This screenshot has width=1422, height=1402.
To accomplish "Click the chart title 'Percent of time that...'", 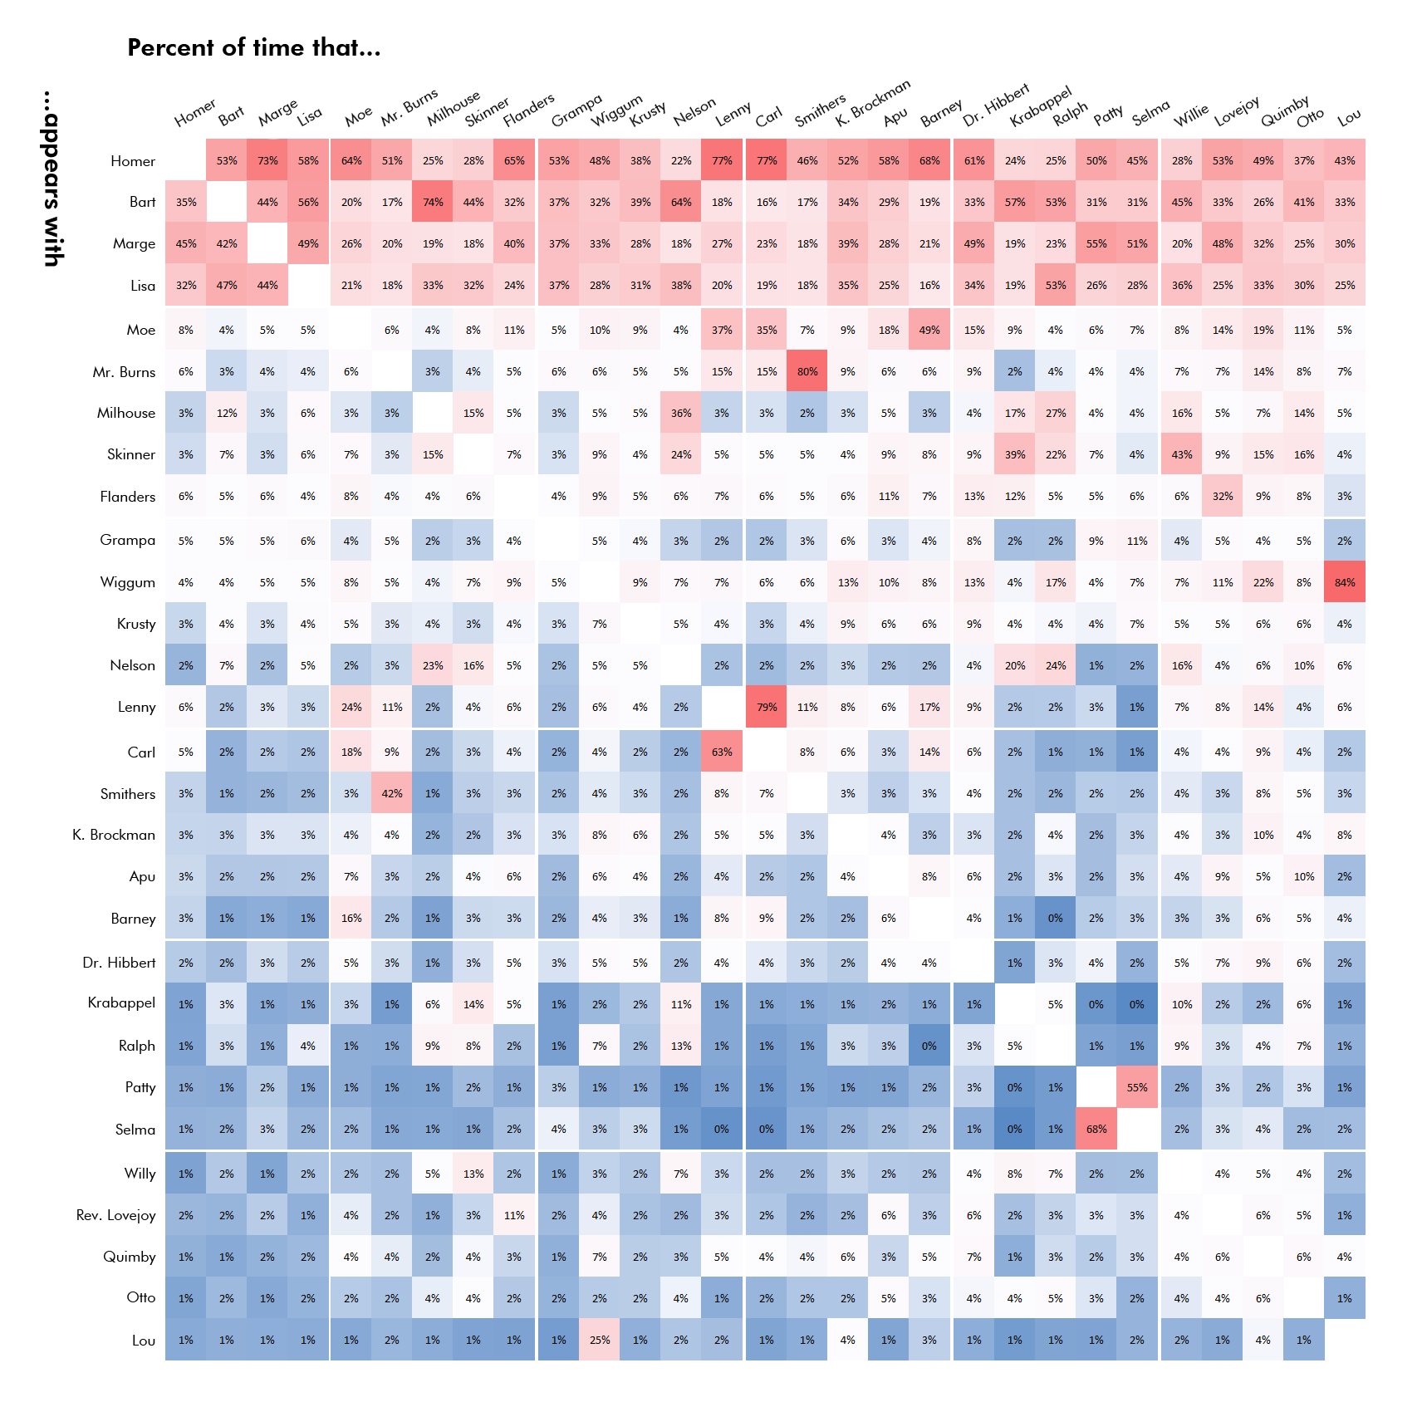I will pos(253,48).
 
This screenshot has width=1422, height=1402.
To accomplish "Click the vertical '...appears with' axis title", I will pos(51,179).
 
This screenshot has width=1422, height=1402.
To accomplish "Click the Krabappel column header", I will pos(1040,107).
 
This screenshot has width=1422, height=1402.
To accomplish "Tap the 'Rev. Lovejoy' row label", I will pos(115,1215).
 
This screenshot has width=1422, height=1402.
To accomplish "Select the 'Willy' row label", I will pos(140,1174).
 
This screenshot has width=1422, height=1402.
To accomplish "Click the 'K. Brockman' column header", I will pos(872,103).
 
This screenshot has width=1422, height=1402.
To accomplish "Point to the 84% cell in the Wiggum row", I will pos(1345,582).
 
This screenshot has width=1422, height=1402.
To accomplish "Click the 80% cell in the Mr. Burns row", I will pos(807,371).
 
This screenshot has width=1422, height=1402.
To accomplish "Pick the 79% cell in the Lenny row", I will pos(767,707).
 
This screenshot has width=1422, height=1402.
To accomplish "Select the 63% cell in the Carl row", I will pos(722,752).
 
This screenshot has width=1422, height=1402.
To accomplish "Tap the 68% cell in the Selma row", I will pos(1096,1129).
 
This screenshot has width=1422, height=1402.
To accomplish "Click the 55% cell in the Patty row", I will pos(1137,1087).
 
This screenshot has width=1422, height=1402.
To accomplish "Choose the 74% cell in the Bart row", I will pos(433,202).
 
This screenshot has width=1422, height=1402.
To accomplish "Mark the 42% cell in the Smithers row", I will pos(392,793).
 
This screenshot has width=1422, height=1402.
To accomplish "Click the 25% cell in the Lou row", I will pos(600,1340).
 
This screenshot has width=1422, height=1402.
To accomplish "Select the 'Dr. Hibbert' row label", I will pos(119,963).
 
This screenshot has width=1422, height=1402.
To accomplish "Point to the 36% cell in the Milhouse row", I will pos(681,413).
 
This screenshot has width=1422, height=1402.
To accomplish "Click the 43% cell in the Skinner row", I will pos(1182,454).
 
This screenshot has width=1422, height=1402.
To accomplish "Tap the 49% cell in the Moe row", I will pos(929,330).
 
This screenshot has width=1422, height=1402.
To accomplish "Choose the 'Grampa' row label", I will pos(127,540).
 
